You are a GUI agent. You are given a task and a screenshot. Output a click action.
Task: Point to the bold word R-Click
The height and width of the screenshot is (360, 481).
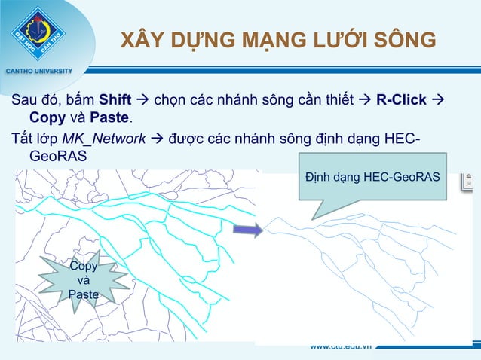click(x=402, y=99)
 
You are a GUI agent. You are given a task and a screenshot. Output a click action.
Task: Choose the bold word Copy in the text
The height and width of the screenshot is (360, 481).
click(x=46, y=118)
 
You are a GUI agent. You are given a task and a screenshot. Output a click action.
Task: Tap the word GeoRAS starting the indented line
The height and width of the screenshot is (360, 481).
click(x=57, y=157)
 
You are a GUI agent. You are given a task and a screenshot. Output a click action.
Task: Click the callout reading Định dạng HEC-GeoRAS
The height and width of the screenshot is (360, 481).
click(x=372, y=177)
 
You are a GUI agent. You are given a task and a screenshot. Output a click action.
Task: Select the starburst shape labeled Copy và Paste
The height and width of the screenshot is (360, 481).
click(x=83, y=280)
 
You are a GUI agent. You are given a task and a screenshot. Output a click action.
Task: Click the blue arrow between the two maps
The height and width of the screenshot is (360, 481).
click(x=248, y=228)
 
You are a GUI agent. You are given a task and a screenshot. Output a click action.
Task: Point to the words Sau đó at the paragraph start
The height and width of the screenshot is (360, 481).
click(x=35, y=99)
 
